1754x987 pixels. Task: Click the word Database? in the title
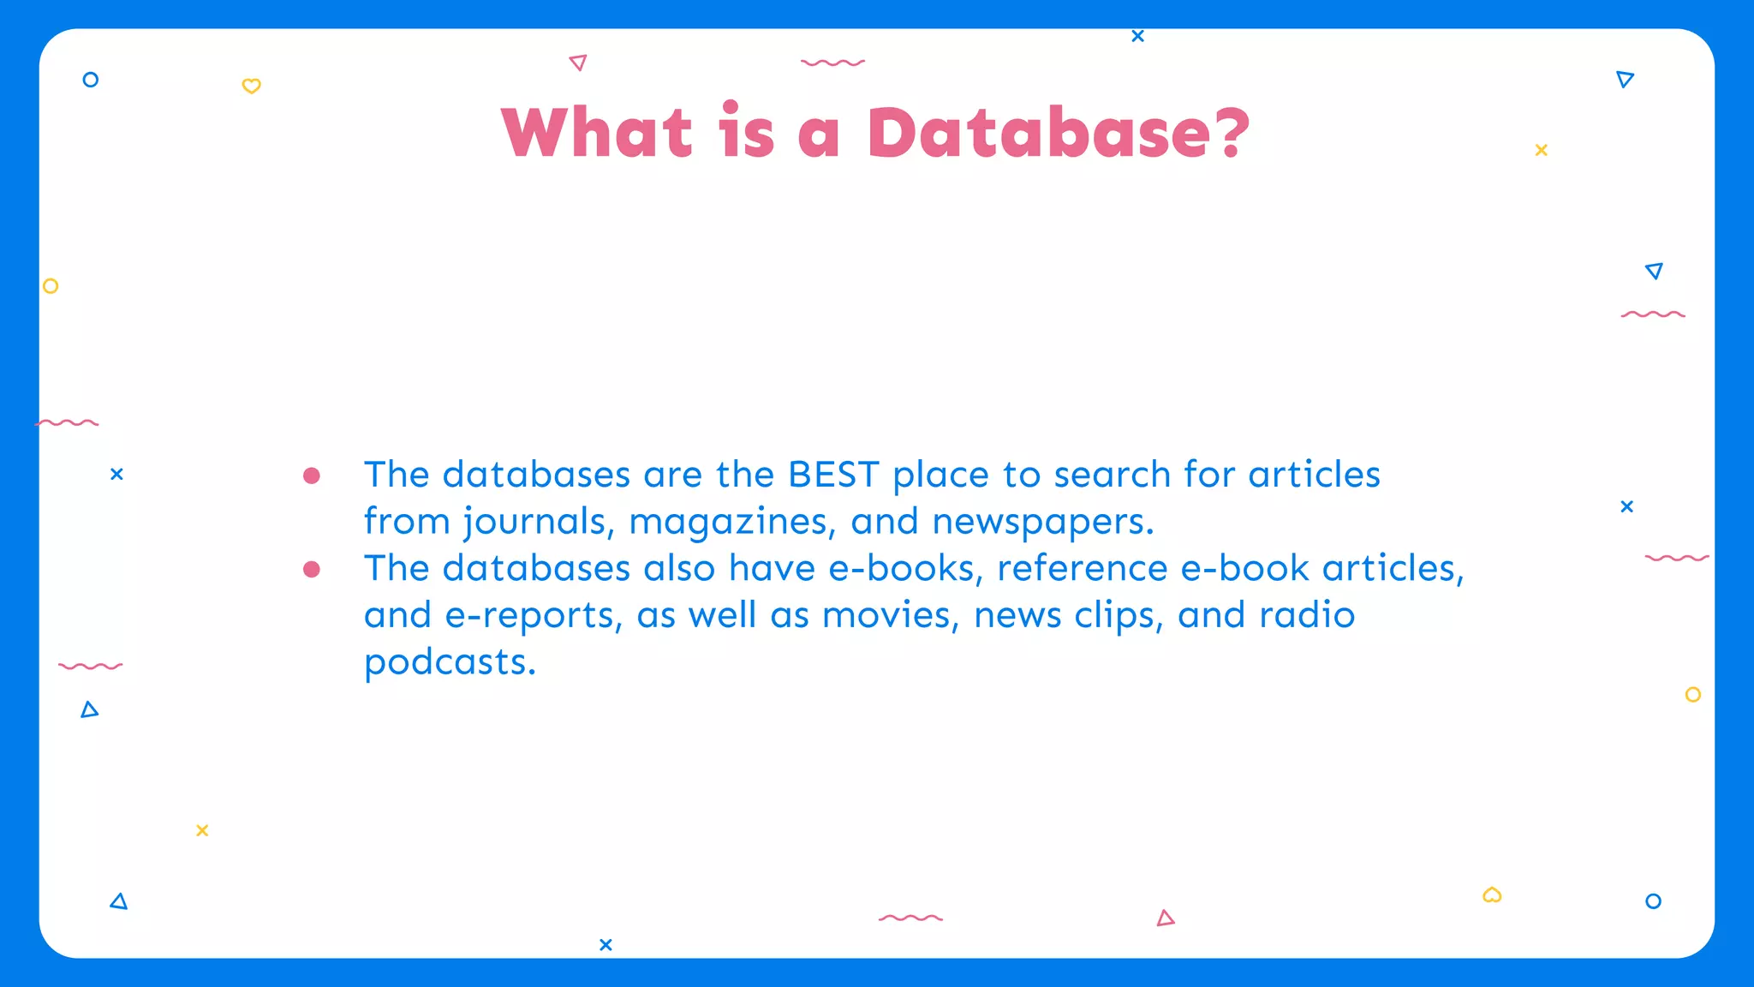[1059, 134]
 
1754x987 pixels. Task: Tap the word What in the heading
[597, 134]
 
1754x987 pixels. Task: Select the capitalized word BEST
[833, 475]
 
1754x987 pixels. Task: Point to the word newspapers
[1042, 522]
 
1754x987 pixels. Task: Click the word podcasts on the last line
[450, 662]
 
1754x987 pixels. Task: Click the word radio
[1307, 616]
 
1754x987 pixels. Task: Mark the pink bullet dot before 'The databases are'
[312, 476]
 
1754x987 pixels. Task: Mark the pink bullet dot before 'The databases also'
[312, 569]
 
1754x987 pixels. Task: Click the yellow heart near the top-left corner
[251, 86]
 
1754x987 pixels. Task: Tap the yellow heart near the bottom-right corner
[1492, 895]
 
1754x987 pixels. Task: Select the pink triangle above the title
[578, 63]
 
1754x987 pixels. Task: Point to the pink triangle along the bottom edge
[1165, 918]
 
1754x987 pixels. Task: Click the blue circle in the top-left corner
[90, 80]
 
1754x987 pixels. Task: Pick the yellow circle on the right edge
[1692, 695]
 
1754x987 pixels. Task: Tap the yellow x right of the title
[1541, 150]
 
